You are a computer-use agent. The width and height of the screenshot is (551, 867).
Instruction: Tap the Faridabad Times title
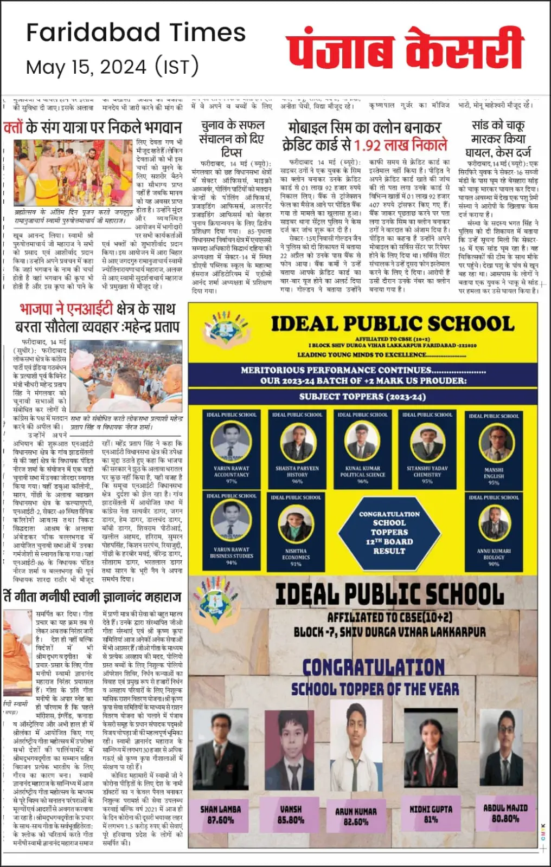[x=136, y=33]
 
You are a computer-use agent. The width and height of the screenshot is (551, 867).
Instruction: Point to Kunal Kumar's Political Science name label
[x=362, y=471]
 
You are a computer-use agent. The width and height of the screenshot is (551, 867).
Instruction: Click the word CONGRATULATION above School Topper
[x=373, y=667]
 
